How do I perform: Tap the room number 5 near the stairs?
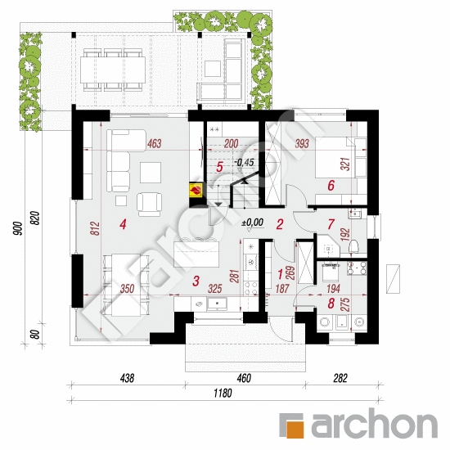pos(219,167)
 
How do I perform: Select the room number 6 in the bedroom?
pos(331,186)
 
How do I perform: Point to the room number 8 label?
pos(331,304)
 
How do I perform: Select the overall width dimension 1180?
pos(223,394)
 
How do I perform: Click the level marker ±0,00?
pos(252,222)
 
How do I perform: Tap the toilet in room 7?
pos(354,248)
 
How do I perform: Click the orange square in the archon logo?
pos(292,423)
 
